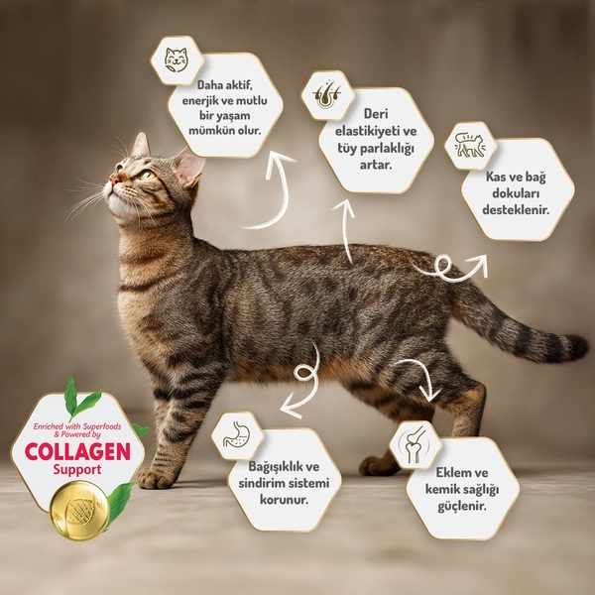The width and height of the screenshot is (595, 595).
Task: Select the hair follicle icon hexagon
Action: point(326,94)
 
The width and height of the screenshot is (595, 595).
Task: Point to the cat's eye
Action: point(145,176)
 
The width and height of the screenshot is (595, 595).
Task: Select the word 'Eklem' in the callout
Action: point(432,472)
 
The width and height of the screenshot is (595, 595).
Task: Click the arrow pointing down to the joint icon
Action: point(420,381)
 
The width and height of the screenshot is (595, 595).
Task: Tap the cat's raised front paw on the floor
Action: point(155,479)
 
